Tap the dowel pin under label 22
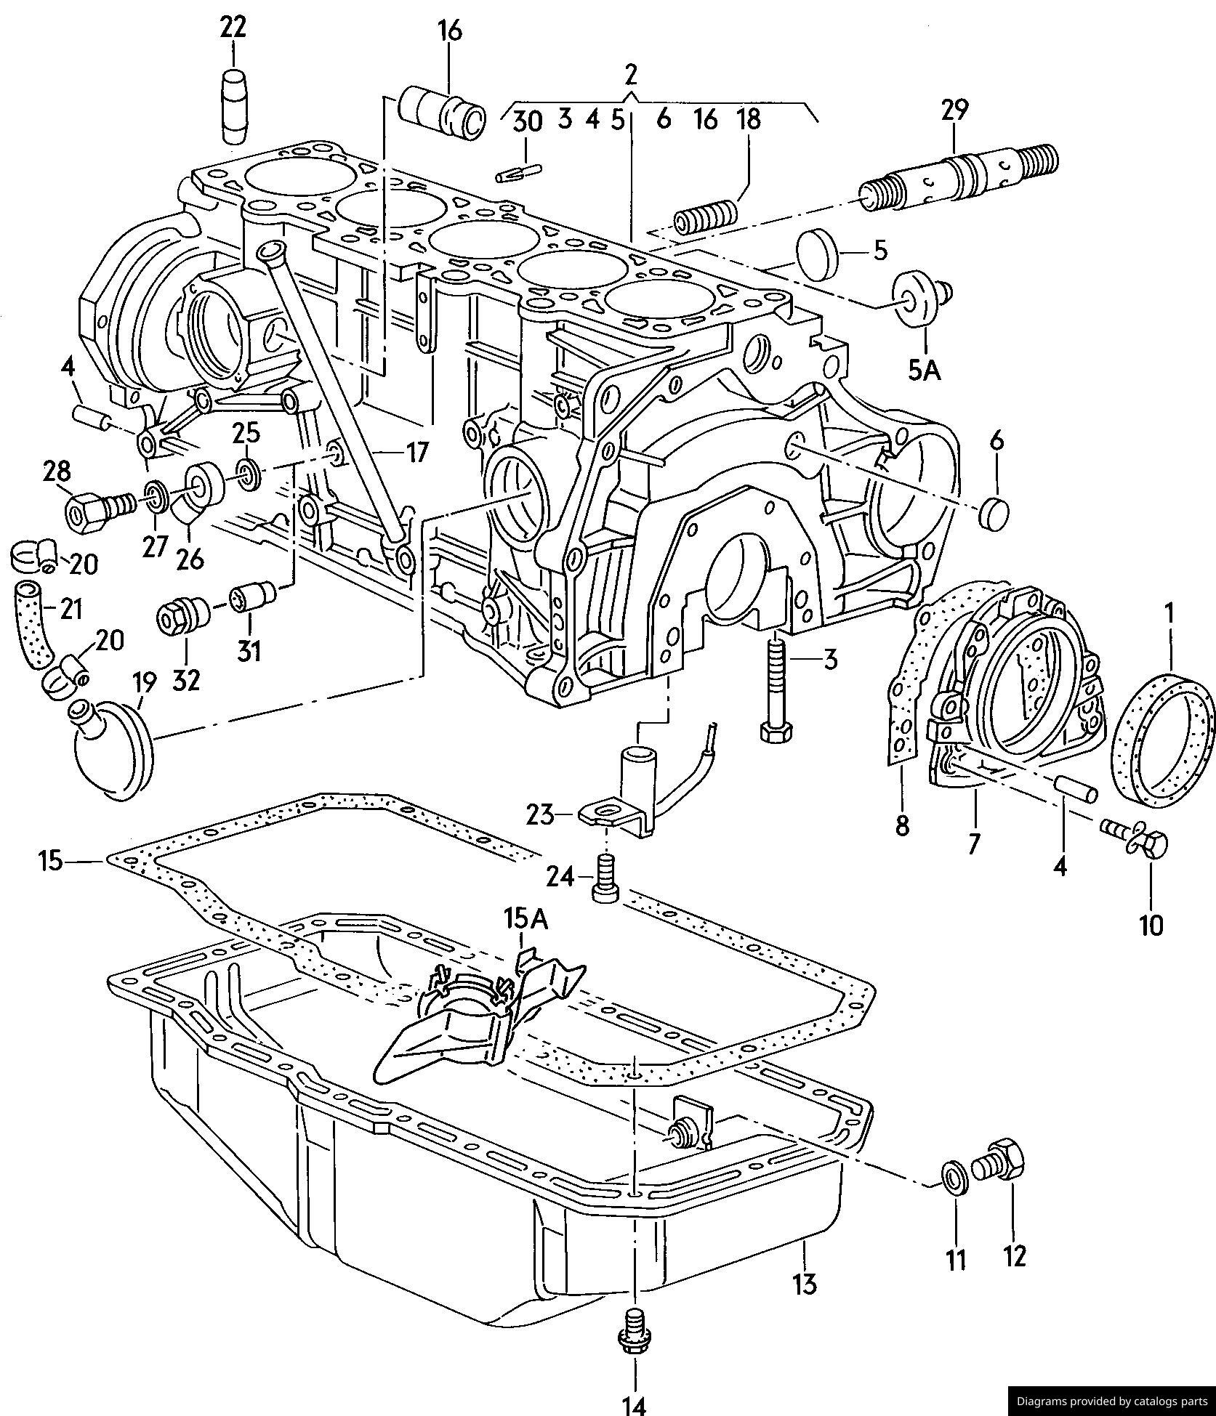coord(234,108)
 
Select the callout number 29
coord(954,110)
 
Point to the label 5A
coord(924,371)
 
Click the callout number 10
coord(1151,924)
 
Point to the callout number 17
coord(416,452)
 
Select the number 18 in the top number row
coord(749,118)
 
